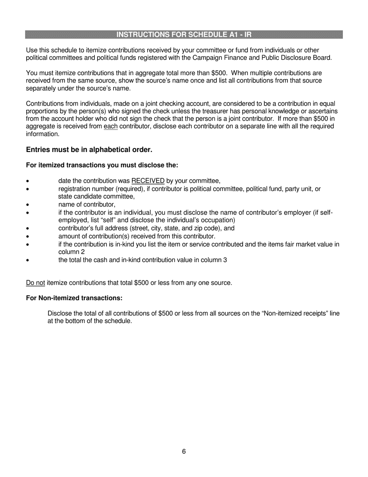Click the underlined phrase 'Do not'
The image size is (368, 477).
[x=35, y=283]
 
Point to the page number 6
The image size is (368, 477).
[x=184, y=451]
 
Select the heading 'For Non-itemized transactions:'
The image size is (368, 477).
[x=74, y=298]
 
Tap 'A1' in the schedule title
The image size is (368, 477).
[x=231, y=35]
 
